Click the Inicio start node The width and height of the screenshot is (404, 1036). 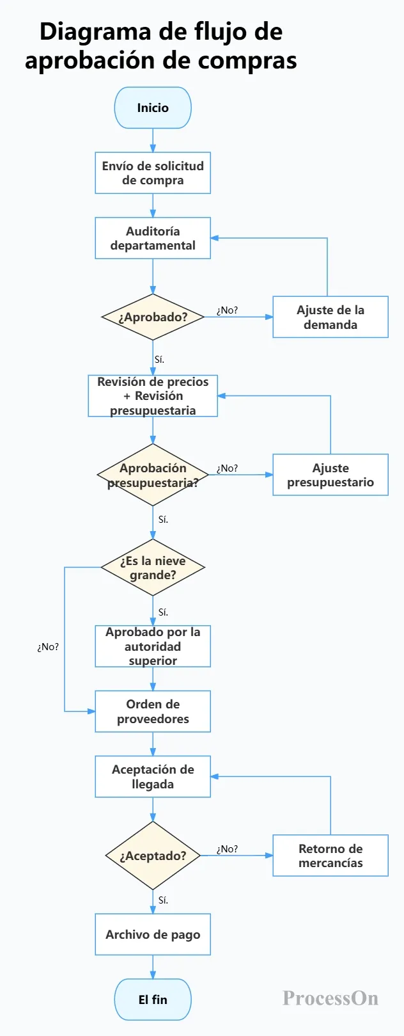coord(153,108)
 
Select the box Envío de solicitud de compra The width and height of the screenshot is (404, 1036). coord(153,173)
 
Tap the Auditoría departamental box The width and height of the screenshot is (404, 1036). coord(153,238)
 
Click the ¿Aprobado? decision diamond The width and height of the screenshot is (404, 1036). coord(153,317)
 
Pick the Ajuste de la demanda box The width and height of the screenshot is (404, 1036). coord(330,317)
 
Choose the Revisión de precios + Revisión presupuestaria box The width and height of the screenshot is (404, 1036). coord(153,396)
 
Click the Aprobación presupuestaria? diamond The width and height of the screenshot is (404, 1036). coord(153,475)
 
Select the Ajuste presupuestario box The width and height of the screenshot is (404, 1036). coord(330,475)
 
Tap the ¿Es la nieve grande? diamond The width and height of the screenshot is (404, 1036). coord(153,568)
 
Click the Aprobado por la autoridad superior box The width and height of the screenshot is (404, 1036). coord(153,646)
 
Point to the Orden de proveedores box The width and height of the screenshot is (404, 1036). coord(153,712)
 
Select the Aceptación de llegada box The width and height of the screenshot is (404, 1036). coord(153,777)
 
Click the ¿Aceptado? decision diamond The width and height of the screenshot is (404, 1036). coord(153,856)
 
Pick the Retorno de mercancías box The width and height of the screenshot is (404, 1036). coord(330,856)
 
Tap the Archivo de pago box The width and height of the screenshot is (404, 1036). coord(153,934)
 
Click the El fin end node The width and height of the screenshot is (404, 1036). coord(153,1000)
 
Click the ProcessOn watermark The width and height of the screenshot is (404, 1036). coord(330,998)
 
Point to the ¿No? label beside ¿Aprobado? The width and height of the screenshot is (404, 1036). coord(227,310)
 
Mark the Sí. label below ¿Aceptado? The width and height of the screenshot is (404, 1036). coord(163,900)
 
